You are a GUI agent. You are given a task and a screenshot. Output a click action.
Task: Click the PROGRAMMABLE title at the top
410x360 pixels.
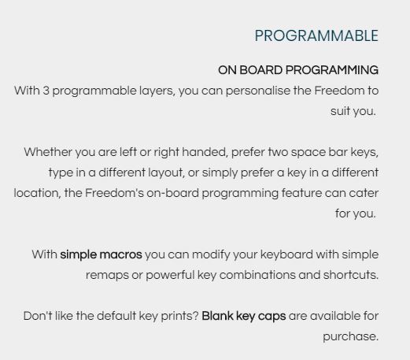click(x=316, y=35)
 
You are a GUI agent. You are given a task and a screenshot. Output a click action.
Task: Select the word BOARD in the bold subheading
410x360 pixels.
click(x=260, y=70)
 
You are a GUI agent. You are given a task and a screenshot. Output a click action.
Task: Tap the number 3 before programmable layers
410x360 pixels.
click(x=46, y=91)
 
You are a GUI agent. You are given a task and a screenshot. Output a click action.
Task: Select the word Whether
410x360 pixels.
click(x=48, y=152)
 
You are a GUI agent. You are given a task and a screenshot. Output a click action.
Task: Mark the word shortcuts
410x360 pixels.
click(x=351, y=275)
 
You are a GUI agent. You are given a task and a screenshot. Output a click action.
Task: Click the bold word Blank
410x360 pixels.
click(x=217, y=316)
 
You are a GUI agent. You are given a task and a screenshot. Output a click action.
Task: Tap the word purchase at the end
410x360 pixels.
click(x=350, y=337)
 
